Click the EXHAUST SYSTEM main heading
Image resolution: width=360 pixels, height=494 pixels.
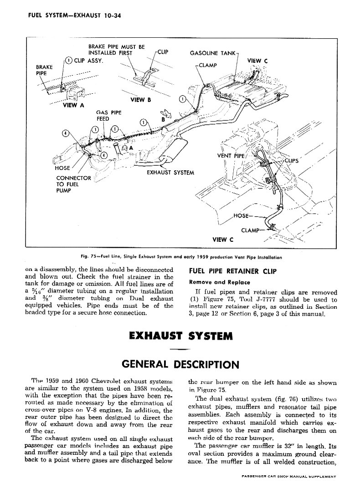[x=181, y=336]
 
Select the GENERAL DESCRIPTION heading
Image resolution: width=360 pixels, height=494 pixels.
[x=180, y=364]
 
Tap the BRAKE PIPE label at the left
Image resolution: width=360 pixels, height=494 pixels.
[x=44, y=70]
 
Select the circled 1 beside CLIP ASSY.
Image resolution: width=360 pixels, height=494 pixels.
[x=68, y=61]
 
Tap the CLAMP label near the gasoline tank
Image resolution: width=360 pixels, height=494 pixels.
[x=207, y=65]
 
